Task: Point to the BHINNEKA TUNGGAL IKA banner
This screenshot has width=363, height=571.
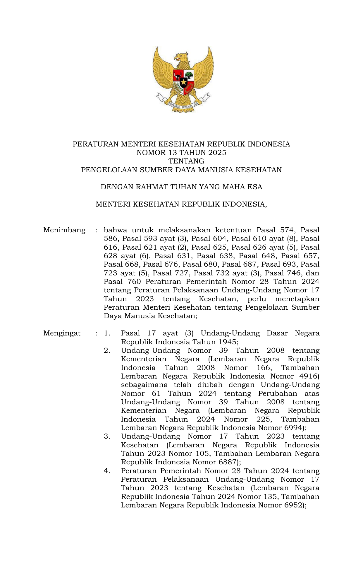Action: (183, 105)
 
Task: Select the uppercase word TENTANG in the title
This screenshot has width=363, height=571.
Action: (186, 161)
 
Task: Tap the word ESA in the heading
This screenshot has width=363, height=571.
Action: (255, 187)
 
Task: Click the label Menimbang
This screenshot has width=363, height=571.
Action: (64, 230)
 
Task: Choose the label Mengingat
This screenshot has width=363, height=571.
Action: (62, 333)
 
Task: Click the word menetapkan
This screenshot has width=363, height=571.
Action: (297, 299)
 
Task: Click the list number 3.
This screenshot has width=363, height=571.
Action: (107, 437)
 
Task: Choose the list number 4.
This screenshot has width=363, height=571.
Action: (107, 471)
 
